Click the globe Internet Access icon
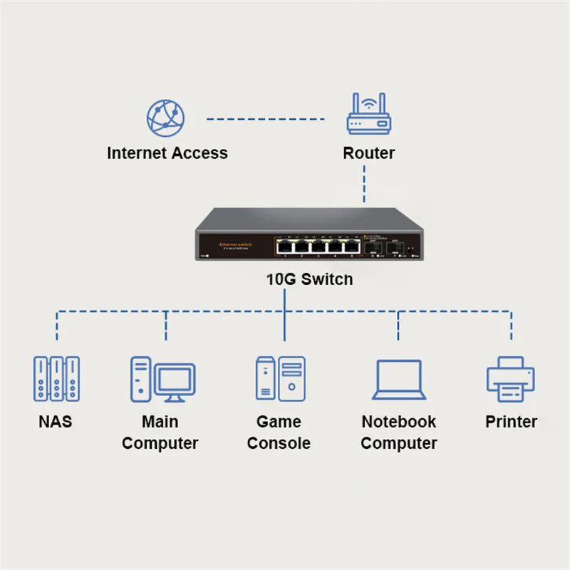pyautogui.click(x=165, y=118)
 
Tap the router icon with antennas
pyautogui.click(x=369, y=115)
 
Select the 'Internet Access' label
pyautogui.click(x=167, y=153)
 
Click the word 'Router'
pyautogui.click(x=368, y=153)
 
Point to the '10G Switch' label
pyautogui.click(x=309, y=279)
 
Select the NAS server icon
pyautogui.click(x=56, y=378)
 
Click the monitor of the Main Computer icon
pyautogui.click(x=175, y=380)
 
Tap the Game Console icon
pyautogui.click(x=280, y=378)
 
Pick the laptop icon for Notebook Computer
pyautogui.click(x=399, y=380)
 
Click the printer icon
pyautogui.click(x=510, y=378)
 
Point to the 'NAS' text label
pyautogui.click(x=56, y=422)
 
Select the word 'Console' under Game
pyautogui.click(x=279, y=443)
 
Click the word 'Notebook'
pyautogui.click(x=398, y=422)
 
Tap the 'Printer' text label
pyautogui.click(x=511, y=422)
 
